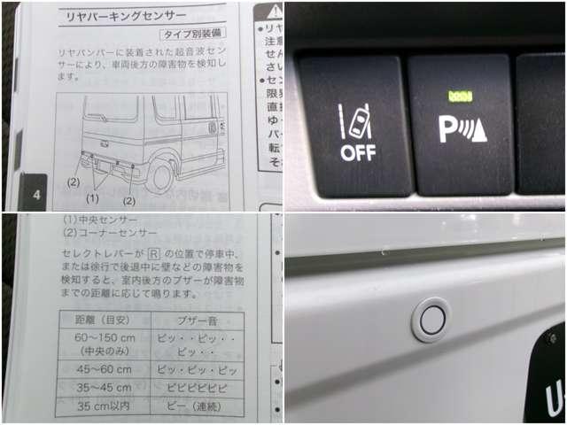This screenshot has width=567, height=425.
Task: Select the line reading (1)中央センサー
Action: coord(100,220)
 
